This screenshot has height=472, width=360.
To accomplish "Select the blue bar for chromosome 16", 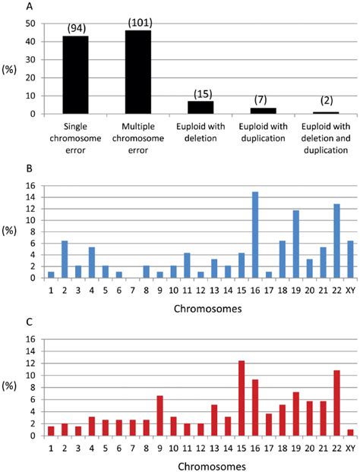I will pyautogui.click(x=255, y=236).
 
